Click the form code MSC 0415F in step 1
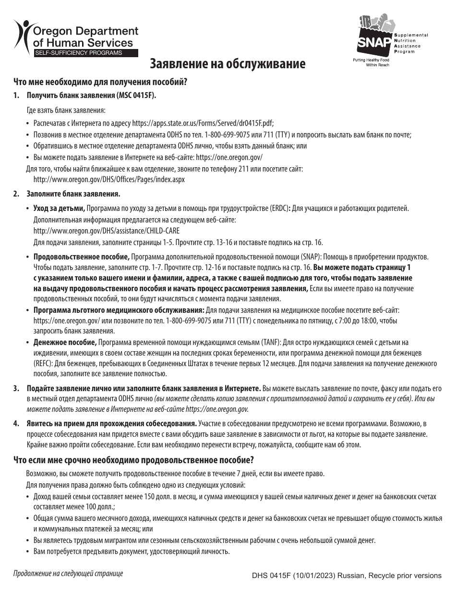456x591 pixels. [x=135, y=95]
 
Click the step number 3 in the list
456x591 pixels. [x=16, y=388]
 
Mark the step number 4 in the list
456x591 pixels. [x=16, y=423]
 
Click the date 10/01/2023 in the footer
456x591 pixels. [x=307, y=575]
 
